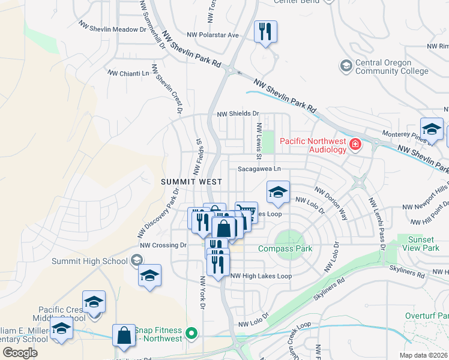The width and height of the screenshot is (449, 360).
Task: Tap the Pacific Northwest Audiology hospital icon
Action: pos(356,144)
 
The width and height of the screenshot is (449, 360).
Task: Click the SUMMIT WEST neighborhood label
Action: pos(191,181)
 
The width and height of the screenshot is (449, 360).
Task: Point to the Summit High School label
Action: pos(89,261)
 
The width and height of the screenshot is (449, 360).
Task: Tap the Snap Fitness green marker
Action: pos(192,332)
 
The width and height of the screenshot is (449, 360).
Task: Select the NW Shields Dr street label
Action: pos(237,113)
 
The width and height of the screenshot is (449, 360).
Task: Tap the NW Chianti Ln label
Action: pos(127,73)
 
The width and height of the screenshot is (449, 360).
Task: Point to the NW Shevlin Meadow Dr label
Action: pos(112,26)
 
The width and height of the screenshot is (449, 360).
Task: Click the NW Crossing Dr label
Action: pos(163,245)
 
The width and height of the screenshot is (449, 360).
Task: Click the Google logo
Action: pos(20,353)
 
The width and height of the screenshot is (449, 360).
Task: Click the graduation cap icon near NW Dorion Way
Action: pos(278,193)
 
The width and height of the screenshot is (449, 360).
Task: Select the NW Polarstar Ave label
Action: pos(212,35)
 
